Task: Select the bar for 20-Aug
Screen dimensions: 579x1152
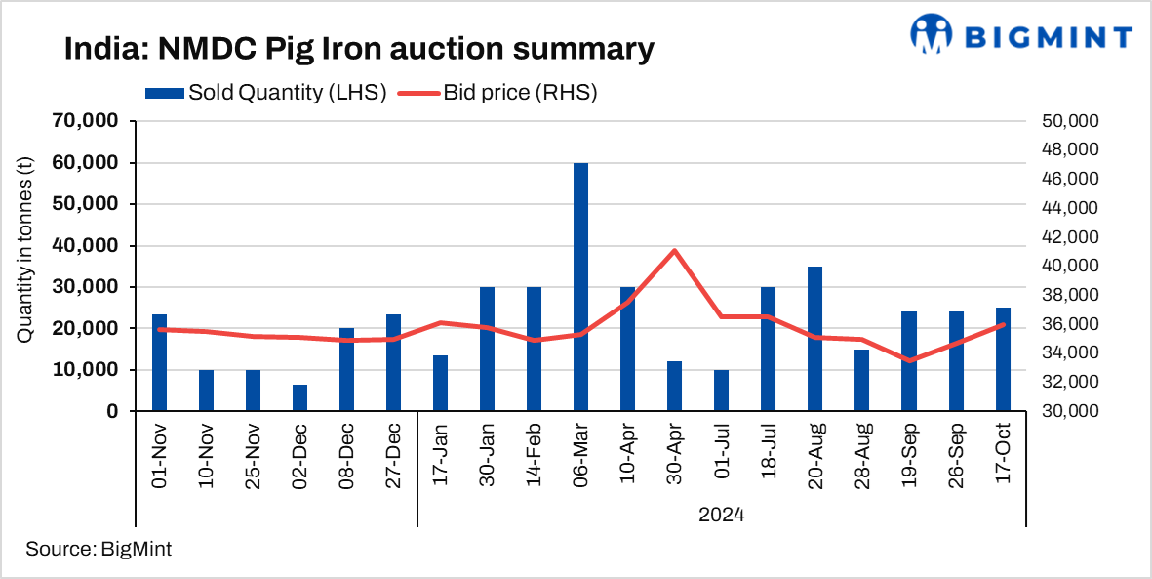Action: pyautogui.click(x=815, y=339)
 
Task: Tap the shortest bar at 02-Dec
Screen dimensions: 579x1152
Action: pyautogui.click(x=299, y=397)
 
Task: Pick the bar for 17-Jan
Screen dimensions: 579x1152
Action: pyautogui.click(x=440, y=383)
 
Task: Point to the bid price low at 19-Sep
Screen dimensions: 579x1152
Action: pyautogui.click(x=909, y=360)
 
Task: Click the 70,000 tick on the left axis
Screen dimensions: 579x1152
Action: pyautogui.click(x=85, y=121)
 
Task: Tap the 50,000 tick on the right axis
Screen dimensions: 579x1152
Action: pyautogui.click(x=1071, y=121)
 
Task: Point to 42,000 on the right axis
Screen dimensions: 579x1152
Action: pyautogui.click(x=1071, y=237)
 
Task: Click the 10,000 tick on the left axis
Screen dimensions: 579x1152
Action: pyautogui.click(x=85, y=370)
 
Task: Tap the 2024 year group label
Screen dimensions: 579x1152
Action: pyautogui.click(x=722, y=514)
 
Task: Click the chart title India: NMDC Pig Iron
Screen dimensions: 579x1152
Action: pyautogui.click(x=358, y=49)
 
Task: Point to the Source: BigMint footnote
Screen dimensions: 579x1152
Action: pyautogui.click(x=99, y=549)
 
